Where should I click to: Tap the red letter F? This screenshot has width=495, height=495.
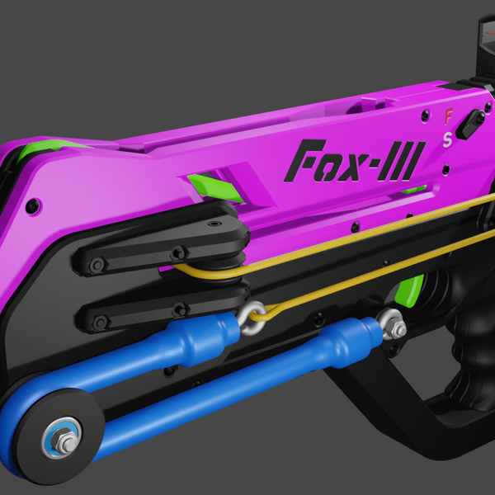[x=449, y=116]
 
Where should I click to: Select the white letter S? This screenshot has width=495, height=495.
[x=447, y=139]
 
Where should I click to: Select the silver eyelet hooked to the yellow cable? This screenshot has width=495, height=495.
[x=249, y=317]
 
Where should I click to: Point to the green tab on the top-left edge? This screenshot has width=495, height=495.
[x=49, y=149]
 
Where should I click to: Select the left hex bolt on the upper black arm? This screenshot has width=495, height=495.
[x=97, y=265]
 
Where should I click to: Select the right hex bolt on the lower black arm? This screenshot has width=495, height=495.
[x=179, y=310]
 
